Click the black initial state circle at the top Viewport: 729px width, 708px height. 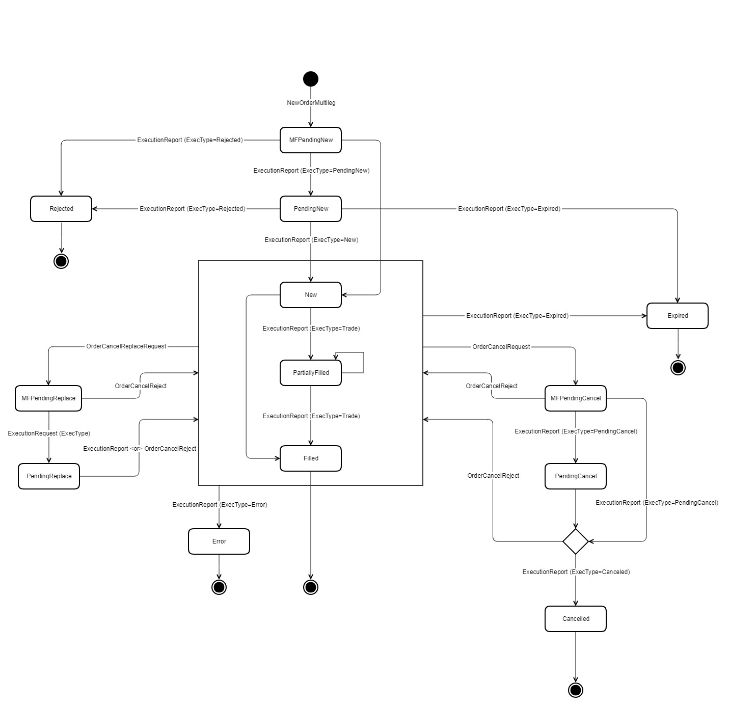[311, 79]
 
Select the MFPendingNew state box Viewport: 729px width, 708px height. [311, 140]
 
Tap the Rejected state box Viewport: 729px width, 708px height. [61, 209]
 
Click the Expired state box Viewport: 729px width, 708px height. [678, 316]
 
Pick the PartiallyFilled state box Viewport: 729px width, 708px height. [311, 373]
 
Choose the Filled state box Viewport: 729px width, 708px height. [311, 458]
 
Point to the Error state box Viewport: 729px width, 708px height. [219, 541]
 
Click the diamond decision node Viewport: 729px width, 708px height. [576, 541]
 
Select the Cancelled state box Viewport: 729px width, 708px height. [576, 619]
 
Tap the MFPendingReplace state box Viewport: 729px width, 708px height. [48, 398]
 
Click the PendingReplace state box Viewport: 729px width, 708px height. [49, 476]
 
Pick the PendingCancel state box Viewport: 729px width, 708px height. [576, 476]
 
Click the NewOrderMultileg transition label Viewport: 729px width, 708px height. [311, 103]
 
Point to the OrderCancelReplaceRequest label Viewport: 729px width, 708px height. [126, 346]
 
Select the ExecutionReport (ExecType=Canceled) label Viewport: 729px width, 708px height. [576, 572]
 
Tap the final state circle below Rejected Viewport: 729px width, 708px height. [61, 261]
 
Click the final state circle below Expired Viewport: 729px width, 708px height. [678, 368]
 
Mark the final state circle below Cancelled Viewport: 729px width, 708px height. [576, 690]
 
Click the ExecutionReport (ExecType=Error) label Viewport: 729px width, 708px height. [220, 505]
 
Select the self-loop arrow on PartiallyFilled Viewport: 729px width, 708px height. [363, 362]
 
